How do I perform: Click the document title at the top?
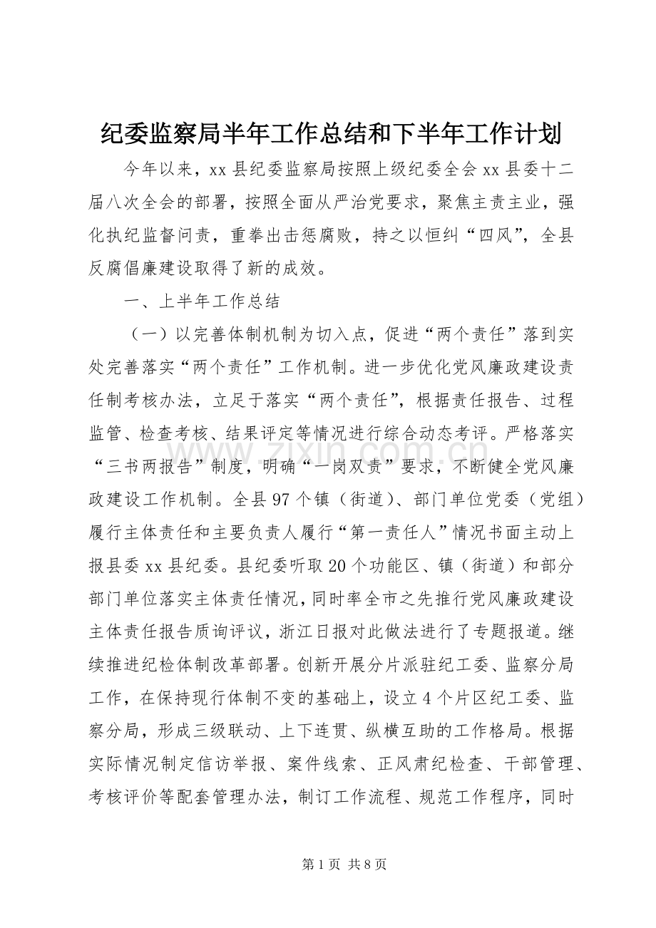327,132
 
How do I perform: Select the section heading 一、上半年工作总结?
201,301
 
